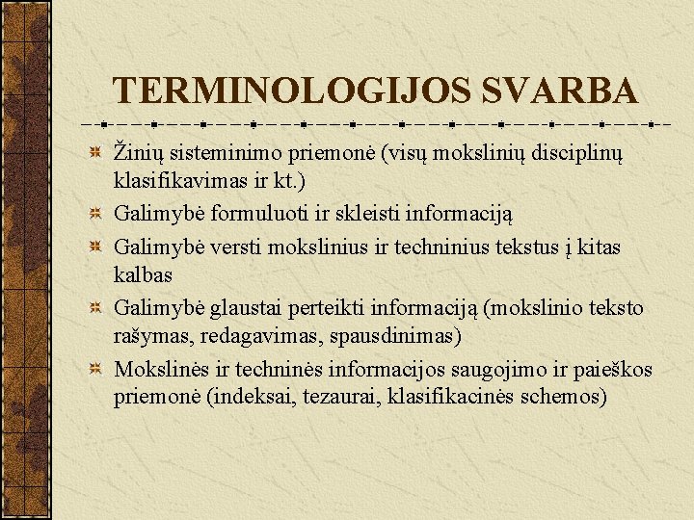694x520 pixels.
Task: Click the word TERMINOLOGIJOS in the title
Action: [292, 91]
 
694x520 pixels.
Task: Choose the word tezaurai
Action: [346, 397]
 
